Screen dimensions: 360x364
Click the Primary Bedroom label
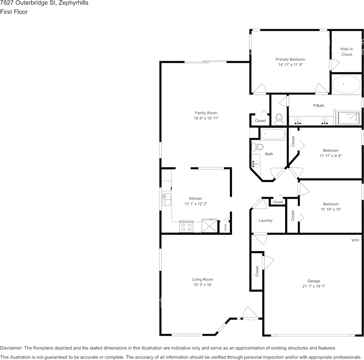290,59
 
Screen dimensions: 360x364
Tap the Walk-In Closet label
346,52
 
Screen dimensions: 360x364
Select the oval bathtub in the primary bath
346,84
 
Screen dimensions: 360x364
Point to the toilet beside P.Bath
279,119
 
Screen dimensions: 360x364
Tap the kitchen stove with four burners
186,227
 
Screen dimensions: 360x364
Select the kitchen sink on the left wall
167,199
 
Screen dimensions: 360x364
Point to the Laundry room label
265,221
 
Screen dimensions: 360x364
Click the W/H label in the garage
355,240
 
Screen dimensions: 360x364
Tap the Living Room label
202,279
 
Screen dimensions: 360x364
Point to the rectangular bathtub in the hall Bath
273,135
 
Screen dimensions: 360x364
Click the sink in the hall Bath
255,164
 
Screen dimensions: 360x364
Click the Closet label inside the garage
257,271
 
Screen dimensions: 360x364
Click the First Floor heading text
14,12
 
